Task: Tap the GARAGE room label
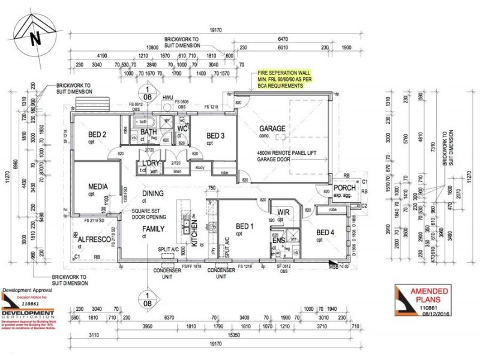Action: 271,129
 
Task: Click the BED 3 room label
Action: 215,136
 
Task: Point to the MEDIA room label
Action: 97,187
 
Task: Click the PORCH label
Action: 345,188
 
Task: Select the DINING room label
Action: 153,193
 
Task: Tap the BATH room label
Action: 148,132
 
